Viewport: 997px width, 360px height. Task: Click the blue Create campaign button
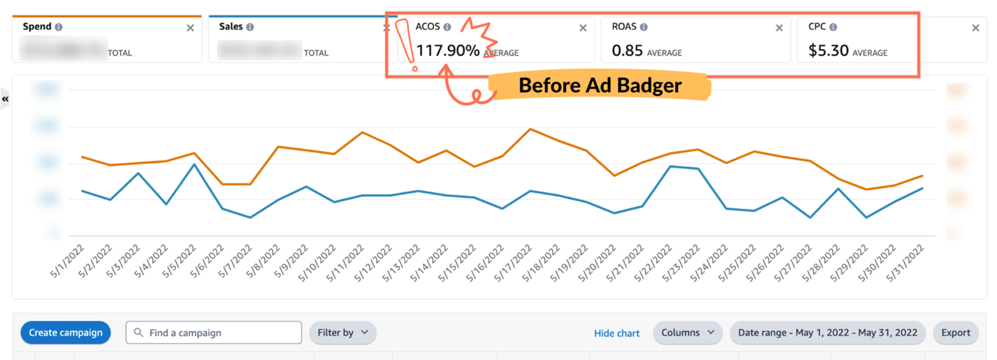pos(66,333)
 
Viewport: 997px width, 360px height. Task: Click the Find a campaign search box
pos(214,333)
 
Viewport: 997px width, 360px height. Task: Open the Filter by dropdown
pos(342,333)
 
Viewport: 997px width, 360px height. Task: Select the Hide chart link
pos(616,333)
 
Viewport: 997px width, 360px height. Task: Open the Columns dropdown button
pos(687,333)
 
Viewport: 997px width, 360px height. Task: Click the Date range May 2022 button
pos(827,333)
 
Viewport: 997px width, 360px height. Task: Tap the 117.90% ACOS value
pos(448,51)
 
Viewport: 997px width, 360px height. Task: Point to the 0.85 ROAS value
pos(626,51)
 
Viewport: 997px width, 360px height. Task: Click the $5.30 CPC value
pos(828,51)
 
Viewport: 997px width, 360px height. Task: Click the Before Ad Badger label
pos(599,86)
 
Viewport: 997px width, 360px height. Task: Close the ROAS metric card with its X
pos(779,28)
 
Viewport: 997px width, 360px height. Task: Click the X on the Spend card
pos(190,28)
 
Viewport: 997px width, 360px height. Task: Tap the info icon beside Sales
pos(250,27)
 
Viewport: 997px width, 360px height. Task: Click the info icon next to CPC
pos(833,27)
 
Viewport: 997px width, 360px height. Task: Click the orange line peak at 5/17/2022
pos(530,129)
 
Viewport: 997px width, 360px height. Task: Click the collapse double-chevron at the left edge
pos(5,99)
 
